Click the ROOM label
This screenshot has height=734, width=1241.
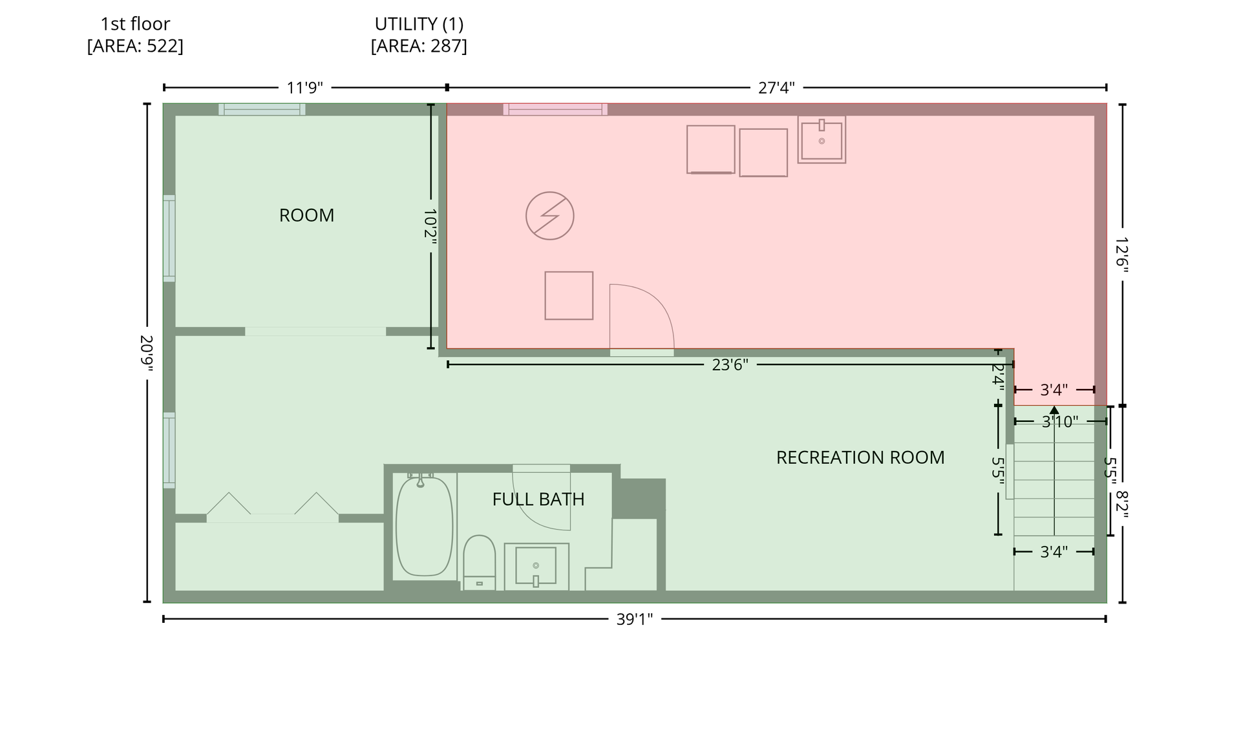pyautogui.click(x=306, y=215)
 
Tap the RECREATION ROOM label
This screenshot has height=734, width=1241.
pyautogui.click(x=860, y=457)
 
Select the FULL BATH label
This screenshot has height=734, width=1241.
pyautogui.click(x=538, y=499)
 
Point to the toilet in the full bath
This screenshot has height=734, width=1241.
pyautogui.click(x=479, y=562)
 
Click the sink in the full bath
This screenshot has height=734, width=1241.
pyautogui.click(x=536, y=567)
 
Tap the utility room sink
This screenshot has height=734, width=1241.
pyautogui.click(x=822, y=140)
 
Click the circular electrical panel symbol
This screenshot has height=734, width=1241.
pyautogui.click(x=550, y=216)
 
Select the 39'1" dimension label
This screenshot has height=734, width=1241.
pyautogui.click(x=635, y=620)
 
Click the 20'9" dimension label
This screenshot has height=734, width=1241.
pyautogui.click(x=147, y=353)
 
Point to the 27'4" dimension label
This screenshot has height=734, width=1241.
pyautogui.click(x=776, y=88)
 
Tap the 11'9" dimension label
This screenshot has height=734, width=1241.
pyautogui.click(x=305, y=88)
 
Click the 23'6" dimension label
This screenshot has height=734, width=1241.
pyautogui.click(x=730, y=365)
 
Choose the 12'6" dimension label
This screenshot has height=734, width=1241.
pyautogui.click(x=1122, y=255)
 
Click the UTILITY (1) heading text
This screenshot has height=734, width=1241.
pyautogui.click(x=419, y=24)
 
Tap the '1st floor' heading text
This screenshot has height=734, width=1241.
pyautogui.click(x=135, y=24)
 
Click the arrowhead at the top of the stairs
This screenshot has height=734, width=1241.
pyautogui.click(x=1054, y=410)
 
